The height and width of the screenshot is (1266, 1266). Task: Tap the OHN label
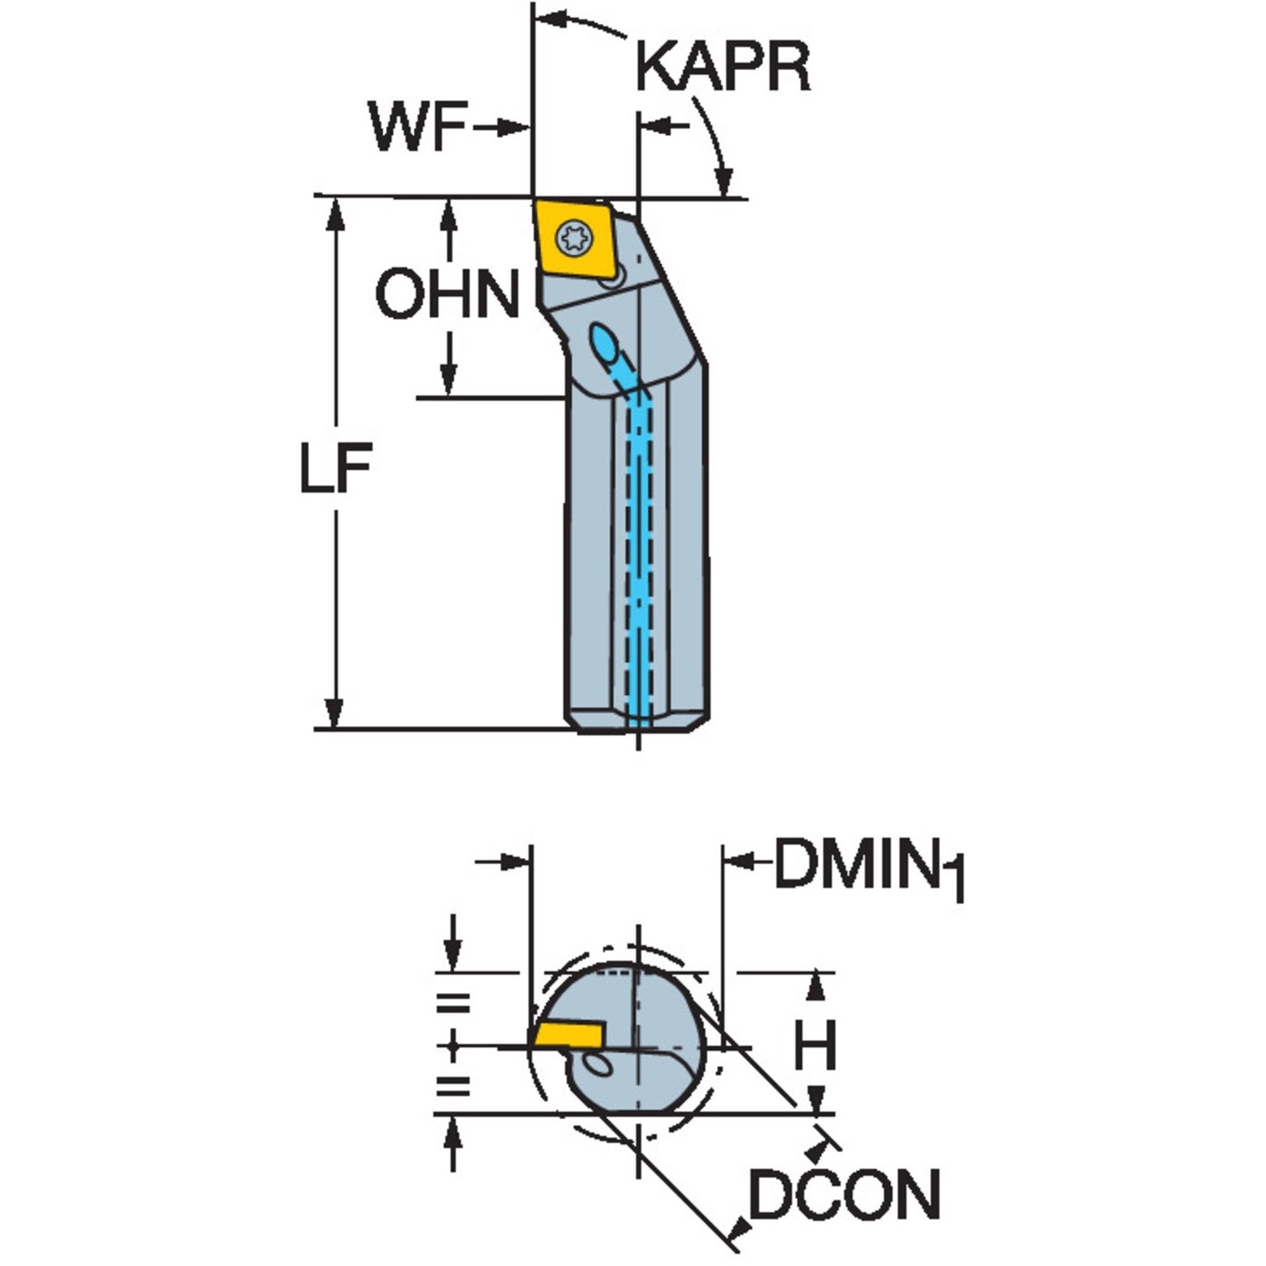point(447,294)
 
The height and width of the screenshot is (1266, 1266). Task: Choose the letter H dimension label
point(814,1048)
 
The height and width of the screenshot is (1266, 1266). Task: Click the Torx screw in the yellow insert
point(573,237)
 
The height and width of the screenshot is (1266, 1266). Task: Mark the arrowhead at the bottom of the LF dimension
point(334,713)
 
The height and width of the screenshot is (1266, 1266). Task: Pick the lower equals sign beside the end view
point(453,1086)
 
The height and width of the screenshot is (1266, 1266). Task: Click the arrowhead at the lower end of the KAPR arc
point(725,182)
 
